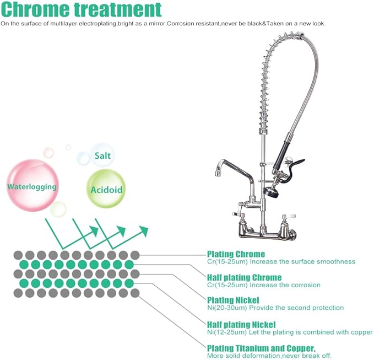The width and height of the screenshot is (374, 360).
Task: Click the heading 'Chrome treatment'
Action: point(82,10)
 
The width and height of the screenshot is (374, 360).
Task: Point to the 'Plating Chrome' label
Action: point(236,254)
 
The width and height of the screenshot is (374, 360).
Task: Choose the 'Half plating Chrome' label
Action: point(244,277)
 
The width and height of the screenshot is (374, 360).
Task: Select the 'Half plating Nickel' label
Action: point(241,324)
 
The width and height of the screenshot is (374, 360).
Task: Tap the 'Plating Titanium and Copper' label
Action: point(261,348)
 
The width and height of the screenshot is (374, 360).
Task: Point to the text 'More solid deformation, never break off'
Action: point(269,356)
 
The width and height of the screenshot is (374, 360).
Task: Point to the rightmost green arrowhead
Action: point(144,229)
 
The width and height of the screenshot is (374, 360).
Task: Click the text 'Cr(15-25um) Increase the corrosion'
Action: point(263,285)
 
